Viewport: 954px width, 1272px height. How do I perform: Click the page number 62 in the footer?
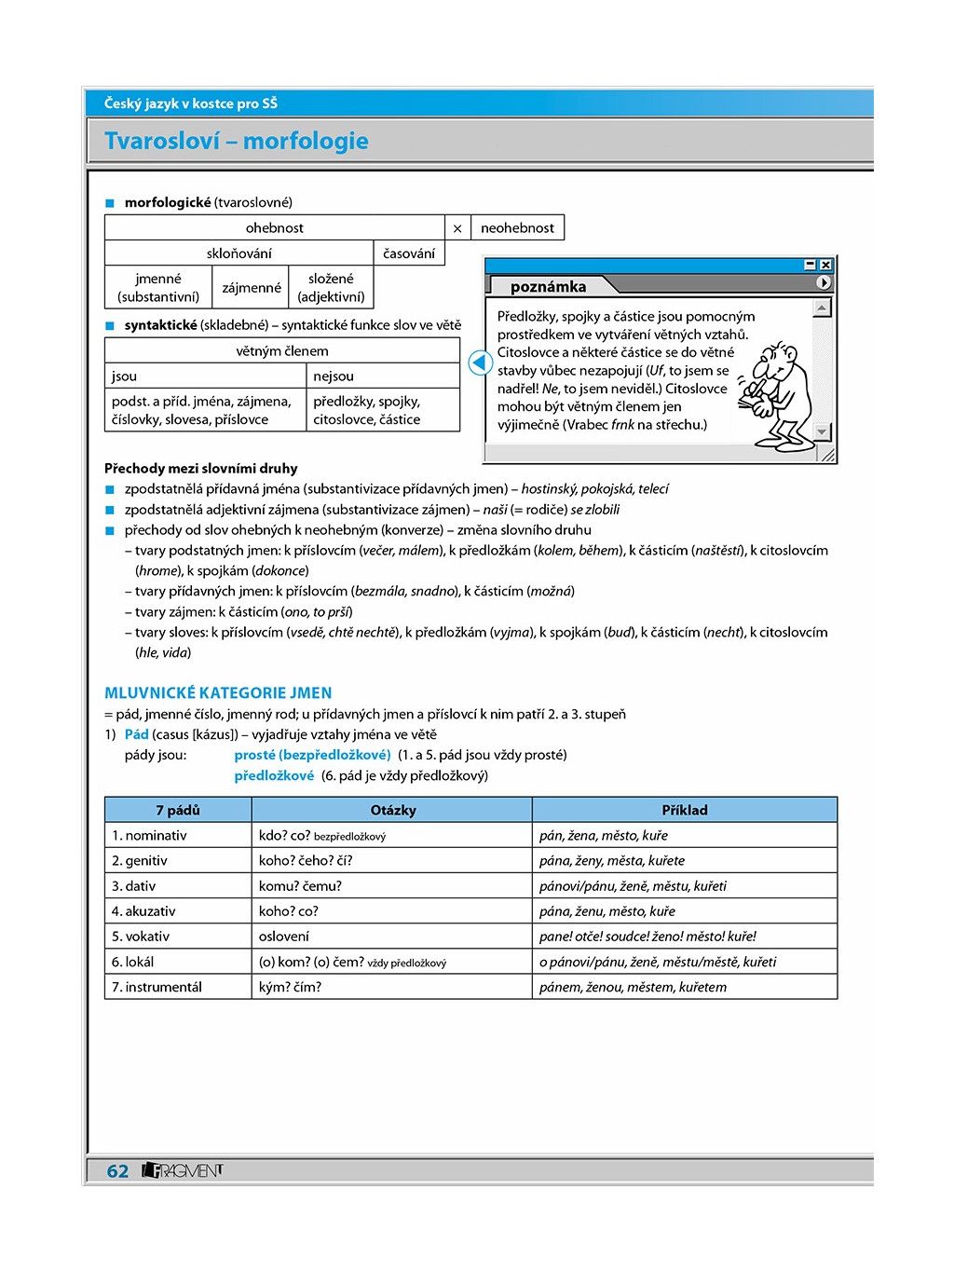tap(117, 1171)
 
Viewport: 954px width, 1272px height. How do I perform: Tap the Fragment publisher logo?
tap(183, 1170)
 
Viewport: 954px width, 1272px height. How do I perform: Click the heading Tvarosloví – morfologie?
tap(237, 142)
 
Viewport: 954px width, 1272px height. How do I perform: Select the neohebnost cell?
tap(517, 228)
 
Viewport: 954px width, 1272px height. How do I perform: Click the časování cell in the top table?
tap(409, 253)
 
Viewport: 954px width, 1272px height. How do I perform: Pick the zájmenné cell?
tap(252, 288)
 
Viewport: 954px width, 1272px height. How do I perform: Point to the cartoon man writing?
tap(777, 391)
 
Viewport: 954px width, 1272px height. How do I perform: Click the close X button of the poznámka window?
tap(825, 265)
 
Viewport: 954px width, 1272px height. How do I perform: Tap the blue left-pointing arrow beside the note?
tap(480, 362)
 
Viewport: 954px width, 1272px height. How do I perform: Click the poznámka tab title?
tap(548, 287)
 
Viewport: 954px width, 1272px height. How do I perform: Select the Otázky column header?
tap(392, 810)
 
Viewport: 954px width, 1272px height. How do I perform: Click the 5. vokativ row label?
tap(141, 937)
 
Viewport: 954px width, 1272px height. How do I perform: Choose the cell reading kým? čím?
tap(290, 987)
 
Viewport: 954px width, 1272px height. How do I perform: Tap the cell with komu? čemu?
tap(300, 886)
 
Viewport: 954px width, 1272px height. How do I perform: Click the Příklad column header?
tap(684, 810)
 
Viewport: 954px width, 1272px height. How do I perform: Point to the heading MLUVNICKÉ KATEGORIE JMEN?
tap(218, 693)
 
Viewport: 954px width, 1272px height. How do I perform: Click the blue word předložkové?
tap(274, 775)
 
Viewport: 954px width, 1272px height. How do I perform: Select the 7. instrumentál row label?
tap(157, 987)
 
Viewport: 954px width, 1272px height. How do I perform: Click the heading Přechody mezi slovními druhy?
tap(201, 469)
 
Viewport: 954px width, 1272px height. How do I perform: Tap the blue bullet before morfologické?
tap(109, 203)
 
